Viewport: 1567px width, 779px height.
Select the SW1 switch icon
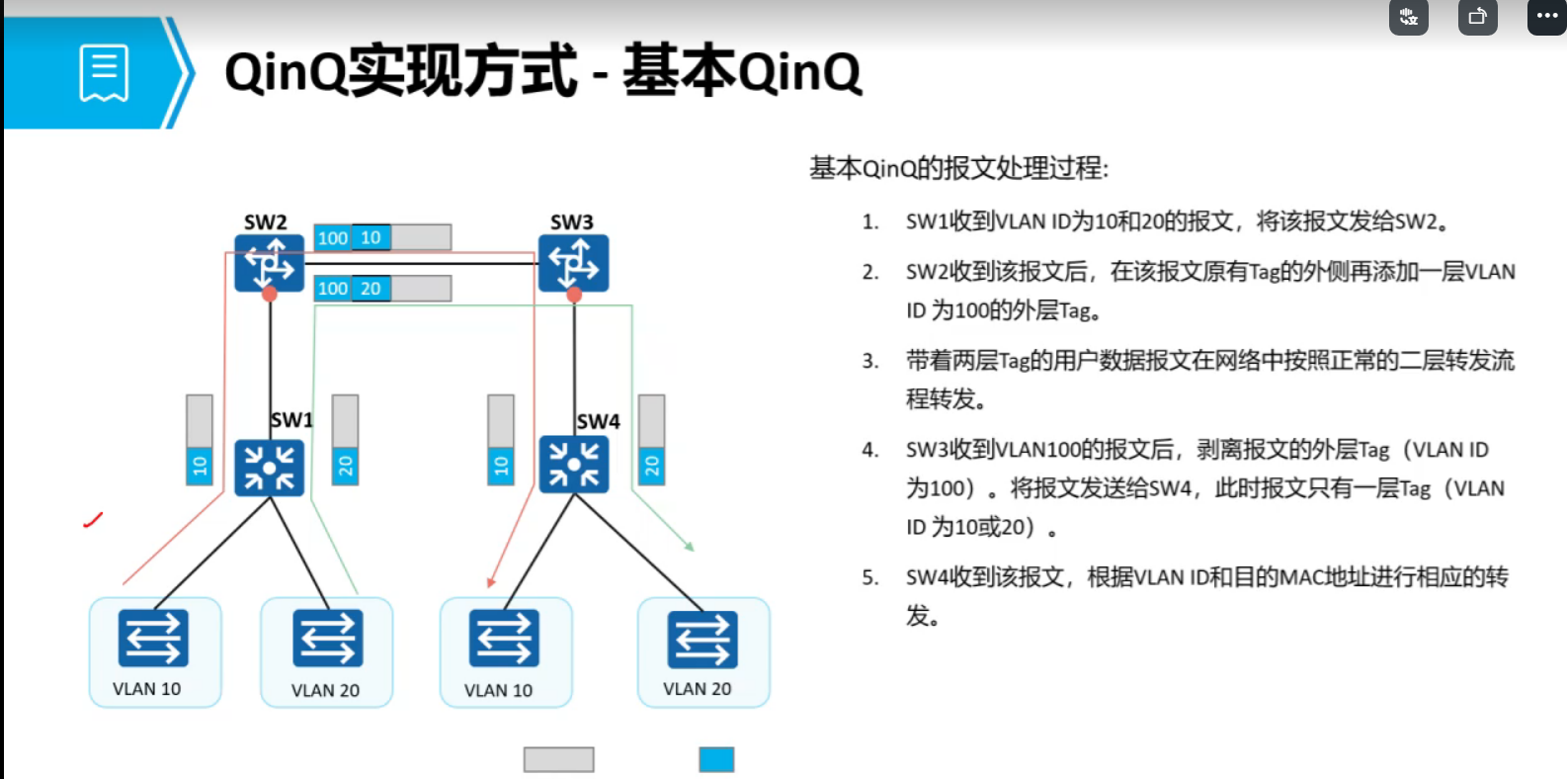(269, 467)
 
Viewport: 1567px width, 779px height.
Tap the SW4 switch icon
(573, 464)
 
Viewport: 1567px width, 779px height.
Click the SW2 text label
(265, 222)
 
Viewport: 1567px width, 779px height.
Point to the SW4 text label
(599, 422)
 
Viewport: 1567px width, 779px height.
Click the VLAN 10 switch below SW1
(153, 639)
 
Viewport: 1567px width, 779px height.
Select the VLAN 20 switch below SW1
(327, 639)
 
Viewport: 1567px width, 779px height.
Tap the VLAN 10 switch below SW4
(504, 639)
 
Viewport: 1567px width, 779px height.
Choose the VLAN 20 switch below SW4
(701, 639)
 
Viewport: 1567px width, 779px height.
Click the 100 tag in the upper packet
(333, 238)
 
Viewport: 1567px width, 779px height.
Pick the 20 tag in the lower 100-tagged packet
(371, 289)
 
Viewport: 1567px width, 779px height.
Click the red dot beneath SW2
(269, 295)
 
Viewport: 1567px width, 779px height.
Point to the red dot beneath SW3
(574, 295)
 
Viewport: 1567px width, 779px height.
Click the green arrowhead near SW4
(689, 546)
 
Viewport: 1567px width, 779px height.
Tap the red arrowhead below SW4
(491, 582)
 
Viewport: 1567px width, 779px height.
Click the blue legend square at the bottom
(716, 759)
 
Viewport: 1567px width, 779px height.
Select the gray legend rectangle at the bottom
(558, 759)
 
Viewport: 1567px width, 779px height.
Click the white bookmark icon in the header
(104, 73)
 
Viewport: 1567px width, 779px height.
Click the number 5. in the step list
(869, 577)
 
